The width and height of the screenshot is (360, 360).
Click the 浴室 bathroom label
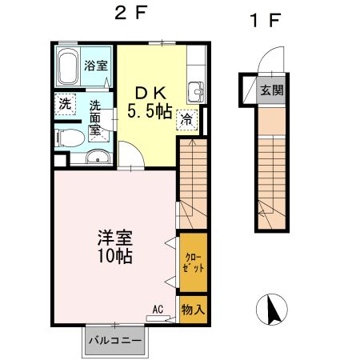pyautogui.click(x=96, y=66)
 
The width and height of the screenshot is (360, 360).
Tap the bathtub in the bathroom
pyautogui.click(x=69, y=69)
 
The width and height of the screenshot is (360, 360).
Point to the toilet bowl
pyautogui.click(x=67, y=138)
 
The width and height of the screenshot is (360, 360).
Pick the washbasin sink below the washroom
pyautogui.click(x=98, y=157)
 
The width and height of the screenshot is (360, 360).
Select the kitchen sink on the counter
pyautogui.click(x=195, y=90)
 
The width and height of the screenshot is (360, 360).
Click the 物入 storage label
pyautogui.click(x=194, y=309)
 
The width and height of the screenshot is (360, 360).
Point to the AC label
pyautogui.click(x=158, y=307)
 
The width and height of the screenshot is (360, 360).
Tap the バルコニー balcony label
pyautogui.click(x=115, y=341)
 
